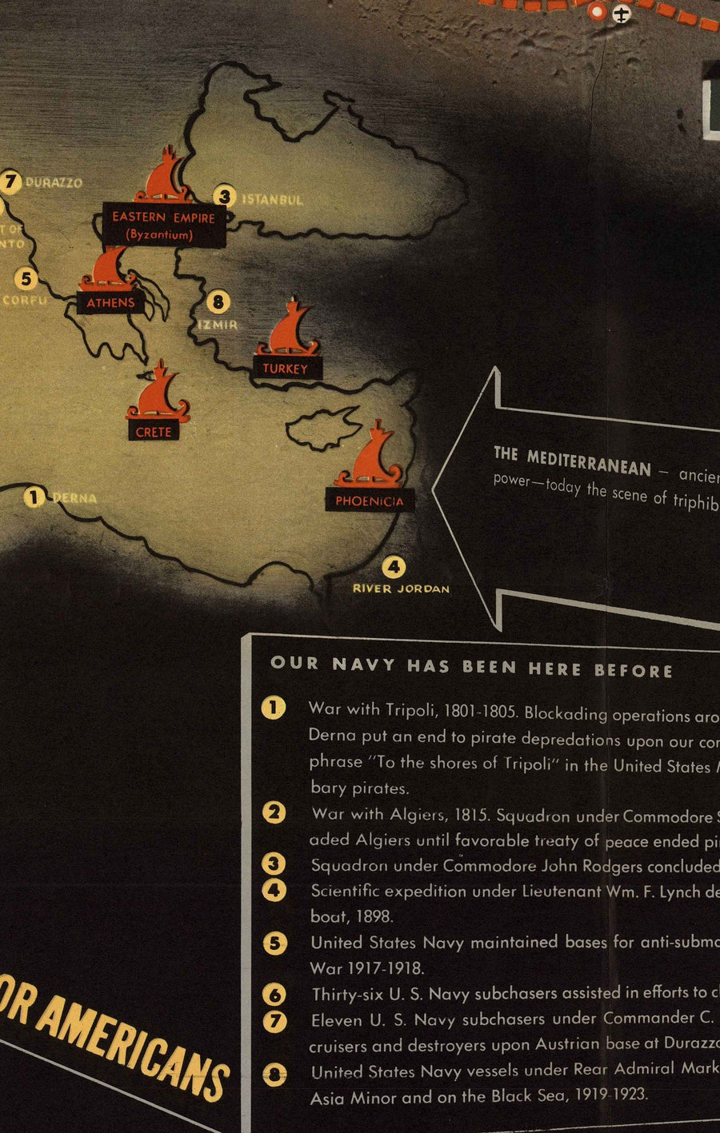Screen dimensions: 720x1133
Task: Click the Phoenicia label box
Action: [x=370, y=501]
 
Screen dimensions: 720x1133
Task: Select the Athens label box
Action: [x=110, y=302]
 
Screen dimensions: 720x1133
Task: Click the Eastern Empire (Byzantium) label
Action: [x=163, y=225]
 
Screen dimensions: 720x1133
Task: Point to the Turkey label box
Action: [x=285, y=368]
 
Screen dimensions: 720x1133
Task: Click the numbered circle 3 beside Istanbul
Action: [x=225, y=196]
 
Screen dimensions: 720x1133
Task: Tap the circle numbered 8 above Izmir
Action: [x=218, y=302]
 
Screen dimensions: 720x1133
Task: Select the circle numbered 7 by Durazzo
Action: [x=10, y=182]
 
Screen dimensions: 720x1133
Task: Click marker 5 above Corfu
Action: [x=26, y=278]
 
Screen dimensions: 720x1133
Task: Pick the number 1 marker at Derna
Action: [x=33, y=497]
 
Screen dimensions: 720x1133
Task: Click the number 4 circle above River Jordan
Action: [x=393, y=568]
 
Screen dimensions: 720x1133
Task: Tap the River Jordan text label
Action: [x=401, y=589]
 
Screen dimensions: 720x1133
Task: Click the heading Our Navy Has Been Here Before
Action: [x=471, y=667]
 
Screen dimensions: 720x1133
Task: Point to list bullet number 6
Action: [x=274, y=994]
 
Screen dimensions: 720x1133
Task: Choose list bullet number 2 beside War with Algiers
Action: [x=274, y=812]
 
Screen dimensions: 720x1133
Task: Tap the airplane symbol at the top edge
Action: [x=622, y=13]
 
